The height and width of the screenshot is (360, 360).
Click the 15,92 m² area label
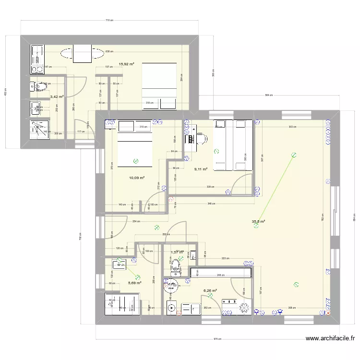pos(126,64)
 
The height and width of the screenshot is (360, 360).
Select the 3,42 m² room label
pos(57,96)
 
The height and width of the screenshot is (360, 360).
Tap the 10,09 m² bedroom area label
pos(137,178)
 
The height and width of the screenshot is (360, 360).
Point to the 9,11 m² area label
pos(201,169)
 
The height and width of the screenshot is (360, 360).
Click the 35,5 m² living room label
pos(259,222)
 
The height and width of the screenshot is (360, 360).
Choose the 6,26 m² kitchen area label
pos(210,290)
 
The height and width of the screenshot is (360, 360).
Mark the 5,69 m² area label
pos(134,283)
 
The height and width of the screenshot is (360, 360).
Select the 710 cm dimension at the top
pos(108,20)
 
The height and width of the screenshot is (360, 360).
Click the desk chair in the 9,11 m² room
pos(200,138)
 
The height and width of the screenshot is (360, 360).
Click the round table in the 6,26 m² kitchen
pos(170,287)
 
